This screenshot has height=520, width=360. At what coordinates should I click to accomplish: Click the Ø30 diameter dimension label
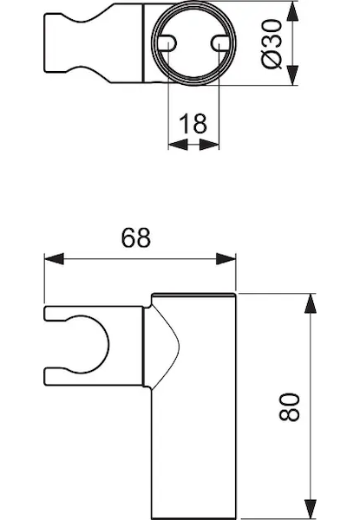coord(272,44)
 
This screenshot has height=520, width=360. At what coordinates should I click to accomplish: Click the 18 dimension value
coord(193,123)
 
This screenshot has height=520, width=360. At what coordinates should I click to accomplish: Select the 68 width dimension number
coord(135,237)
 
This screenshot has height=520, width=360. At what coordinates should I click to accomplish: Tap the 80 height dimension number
coord(290,407)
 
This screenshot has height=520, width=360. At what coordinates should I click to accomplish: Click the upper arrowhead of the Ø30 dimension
coord(292,11)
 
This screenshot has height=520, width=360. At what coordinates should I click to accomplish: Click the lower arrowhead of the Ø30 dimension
coord(292,75)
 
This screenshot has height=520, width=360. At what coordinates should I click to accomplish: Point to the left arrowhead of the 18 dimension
coord(178,145)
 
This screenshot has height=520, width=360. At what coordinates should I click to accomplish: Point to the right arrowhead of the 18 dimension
coord(209,145)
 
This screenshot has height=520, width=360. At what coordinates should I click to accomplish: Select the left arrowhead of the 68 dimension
coord(54,258)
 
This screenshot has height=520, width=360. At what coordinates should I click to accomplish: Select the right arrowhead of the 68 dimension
coord(226,258)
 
